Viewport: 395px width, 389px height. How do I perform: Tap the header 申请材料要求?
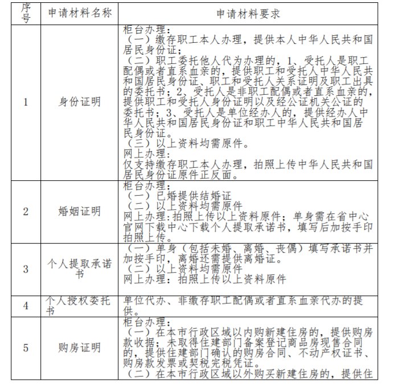click(x=248, y=13)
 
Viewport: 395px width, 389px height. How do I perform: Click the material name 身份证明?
click(x=80, y=103)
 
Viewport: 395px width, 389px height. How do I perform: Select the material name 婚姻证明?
click(x=80, y=212)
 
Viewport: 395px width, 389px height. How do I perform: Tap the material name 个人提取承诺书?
click(x=80, y=269)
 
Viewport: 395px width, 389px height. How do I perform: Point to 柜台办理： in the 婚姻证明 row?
click(x=145, y=185)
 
